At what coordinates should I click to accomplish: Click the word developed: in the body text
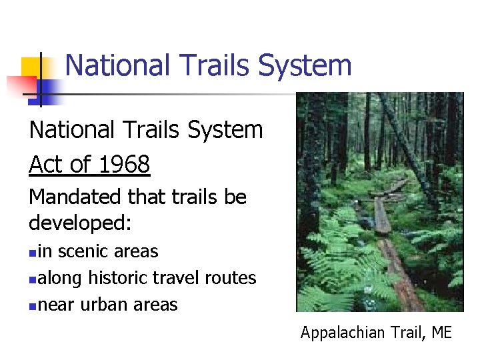click(x=81, y=223)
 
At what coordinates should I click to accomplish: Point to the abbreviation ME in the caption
click(x=441, y=332)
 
